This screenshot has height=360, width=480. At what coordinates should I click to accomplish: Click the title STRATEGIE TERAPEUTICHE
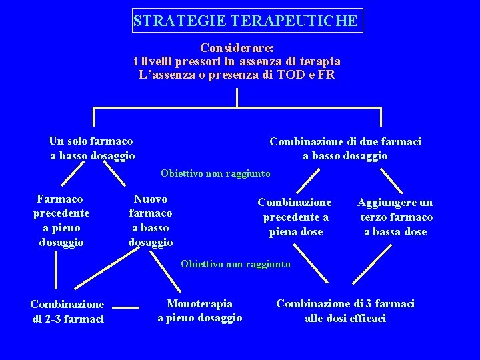coord(245,21)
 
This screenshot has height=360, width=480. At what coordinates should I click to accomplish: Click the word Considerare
coord(237,48)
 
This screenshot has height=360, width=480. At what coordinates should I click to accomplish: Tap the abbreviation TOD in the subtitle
coord(279,75)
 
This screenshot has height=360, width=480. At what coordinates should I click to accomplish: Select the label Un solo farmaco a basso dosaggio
coord(91,148)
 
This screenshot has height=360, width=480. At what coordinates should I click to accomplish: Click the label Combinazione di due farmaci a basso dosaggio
coord(345,148)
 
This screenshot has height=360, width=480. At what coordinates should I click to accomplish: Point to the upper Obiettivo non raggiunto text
coord(215,173)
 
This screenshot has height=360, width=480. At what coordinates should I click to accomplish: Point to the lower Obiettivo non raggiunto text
coord(235,264)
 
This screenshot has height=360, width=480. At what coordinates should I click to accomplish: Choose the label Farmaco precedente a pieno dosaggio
coord(61,220)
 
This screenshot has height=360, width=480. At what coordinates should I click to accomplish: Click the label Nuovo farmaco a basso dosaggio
coord(150,220)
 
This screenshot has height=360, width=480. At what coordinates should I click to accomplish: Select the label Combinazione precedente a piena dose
coord(294,217)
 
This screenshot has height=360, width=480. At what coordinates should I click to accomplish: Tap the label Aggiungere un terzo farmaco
coord(395,217)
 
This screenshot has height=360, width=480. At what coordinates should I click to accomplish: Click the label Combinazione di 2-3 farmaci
coord(67,311)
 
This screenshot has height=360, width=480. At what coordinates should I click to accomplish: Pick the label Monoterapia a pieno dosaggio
coord(199,311)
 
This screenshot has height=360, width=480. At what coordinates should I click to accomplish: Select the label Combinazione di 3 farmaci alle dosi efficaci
coord(345,311)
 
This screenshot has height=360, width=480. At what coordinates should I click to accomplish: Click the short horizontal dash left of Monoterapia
coord(125,307)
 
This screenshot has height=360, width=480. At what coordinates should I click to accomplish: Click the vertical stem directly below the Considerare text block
coord(237,97)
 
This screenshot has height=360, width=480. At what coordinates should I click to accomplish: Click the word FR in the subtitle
coord(327,75)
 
